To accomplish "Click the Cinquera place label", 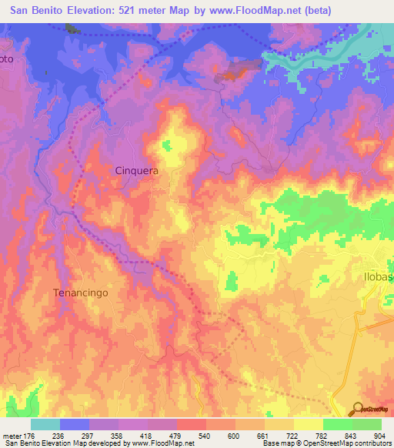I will (136, 172).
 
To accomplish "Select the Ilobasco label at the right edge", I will (377, 274).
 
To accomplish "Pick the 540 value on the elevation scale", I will (205, 435).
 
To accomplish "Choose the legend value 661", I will (264, 435).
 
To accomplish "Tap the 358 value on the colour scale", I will (118, 435).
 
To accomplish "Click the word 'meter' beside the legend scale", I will (12, 435).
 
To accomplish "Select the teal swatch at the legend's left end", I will (45, 424).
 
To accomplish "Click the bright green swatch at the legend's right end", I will (366, 424).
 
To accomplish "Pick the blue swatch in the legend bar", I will (74, 424).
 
